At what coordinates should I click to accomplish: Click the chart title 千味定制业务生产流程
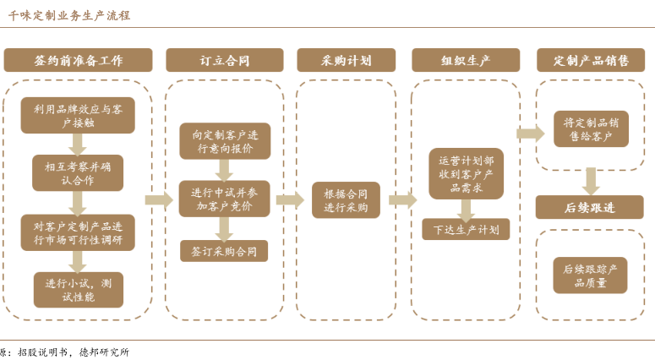point(69,15)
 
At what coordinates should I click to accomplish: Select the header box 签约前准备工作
point(79,60)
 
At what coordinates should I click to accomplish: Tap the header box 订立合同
point(224,60)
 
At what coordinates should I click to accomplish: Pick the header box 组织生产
point(466,60)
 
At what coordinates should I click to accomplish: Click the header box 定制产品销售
point(592,60)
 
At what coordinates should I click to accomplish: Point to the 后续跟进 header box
point(592,206)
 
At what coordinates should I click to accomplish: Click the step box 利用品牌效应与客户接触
point(79,115)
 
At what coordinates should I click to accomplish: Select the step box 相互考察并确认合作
point(79,173)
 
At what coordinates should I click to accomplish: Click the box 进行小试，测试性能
point(79,289)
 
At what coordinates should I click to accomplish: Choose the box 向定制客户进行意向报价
point(224,141)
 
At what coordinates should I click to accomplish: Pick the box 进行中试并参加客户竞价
point(224,199)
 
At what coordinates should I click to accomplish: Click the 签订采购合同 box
point(224,250)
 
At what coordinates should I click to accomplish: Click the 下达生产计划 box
point(466,229)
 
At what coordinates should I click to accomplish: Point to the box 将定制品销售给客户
point(592,128)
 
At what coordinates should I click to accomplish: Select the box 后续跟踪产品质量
point(591,275)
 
